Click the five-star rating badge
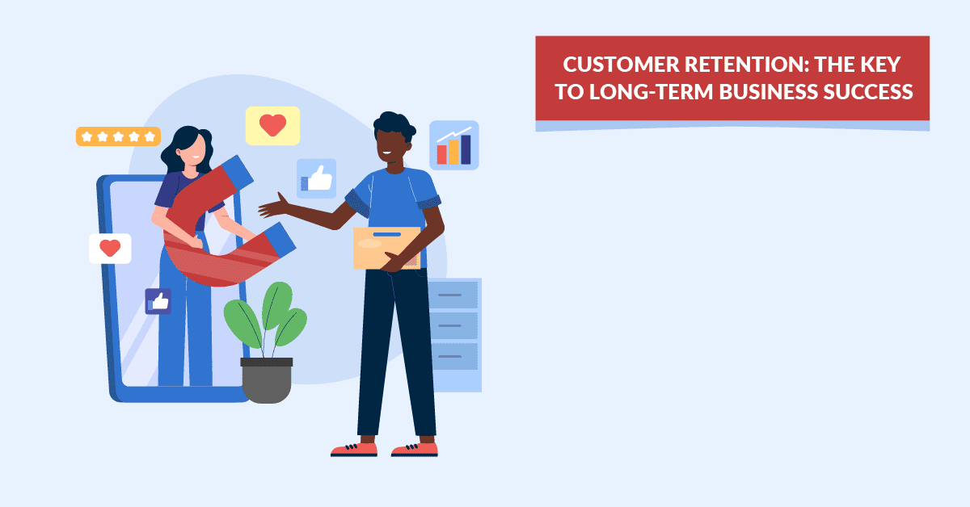point(118,136)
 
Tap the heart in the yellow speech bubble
point(272,125)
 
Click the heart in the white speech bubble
point(110,248)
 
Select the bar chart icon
point(453,145)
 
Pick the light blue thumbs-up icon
point(316,178)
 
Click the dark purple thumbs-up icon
point(158,301)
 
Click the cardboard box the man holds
point(386,247)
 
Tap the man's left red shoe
point(354,448)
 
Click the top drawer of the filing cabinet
point(453,295)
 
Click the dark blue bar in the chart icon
point(466,149)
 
